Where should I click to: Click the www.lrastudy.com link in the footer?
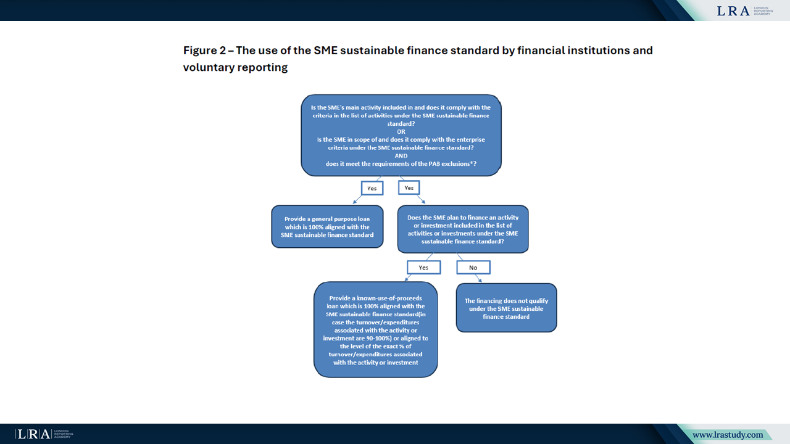tap(727, 435)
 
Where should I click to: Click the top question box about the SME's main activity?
tap(401, 135)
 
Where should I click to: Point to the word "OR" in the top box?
tap(401, 131)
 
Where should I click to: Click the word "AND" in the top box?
tap(401, 156)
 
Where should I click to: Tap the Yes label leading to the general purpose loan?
tap(372, 188)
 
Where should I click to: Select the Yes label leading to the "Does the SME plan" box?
tap(409, 187)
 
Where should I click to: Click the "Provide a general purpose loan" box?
tap(327, 226)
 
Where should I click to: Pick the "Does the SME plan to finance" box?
tap(462, 229)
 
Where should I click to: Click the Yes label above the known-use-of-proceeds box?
tap(423, 267)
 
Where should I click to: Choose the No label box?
tap(473, 267)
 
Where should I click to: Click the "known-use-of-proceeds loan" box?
tap(375, 329)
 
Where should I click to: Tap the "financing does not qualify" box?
tap(506, 308)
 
